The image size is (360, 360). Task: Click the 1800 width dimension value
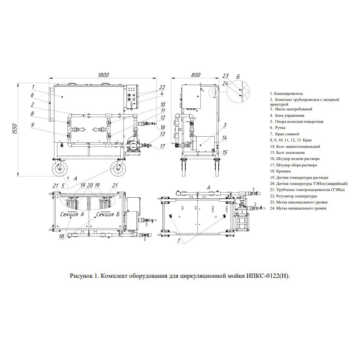[103, 75]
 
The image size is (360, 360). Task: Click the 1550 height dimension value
[15, 129]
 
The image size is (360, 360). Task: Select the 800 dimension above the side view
[196, 75]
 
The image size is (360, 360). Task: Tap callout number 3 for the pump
[225, 126]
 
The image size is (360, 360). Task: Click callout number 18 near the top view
[61, 237]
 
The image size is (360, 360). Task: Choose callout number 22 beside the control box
[162, 87]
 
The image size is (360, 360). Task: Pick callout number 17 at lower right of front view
[162, 146]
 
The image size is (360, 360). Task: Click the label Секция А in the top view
[72, 214]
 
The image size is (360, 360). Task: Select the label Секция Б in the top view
[108, 214]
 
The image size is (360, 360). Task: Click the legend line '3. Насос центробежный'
[291, 109]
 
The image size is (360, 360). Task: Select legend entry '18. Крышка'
[280, 171]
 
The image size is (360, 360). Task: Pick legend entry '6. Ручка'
[278, 128]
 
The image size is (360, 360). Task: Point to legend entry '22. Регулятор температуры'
[294, 196]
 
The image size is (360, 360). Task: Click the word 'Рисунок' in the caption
[81, 276]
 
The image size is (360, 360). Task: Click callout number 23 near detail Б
[226, 76]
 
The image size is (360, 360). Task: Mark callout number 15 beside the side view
[225, 152]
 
